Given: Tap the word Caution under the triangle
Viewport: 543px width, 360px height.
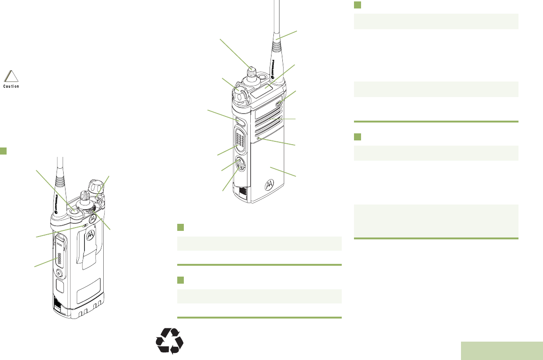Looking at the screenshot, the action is pos(11,87).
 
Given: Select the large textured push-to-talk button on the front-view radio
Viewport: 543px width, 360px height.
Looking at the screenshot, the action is pos(240,141).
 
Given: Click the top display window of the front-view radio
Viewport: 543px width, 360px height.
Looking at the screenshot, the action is pos(265,88).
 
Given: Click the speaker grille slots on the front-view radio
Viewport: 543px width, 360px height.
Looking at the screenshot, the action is pos(269,120).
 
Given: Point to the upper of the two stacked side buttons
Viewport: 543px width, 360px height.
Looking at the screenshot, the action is pos(239,161).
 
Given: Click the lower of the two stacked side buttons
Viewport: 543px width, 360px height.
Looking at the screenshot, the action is pos(239,168).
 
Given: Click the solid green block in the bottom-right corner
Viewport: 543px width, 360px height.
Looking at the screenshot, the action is pos(502,350).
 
